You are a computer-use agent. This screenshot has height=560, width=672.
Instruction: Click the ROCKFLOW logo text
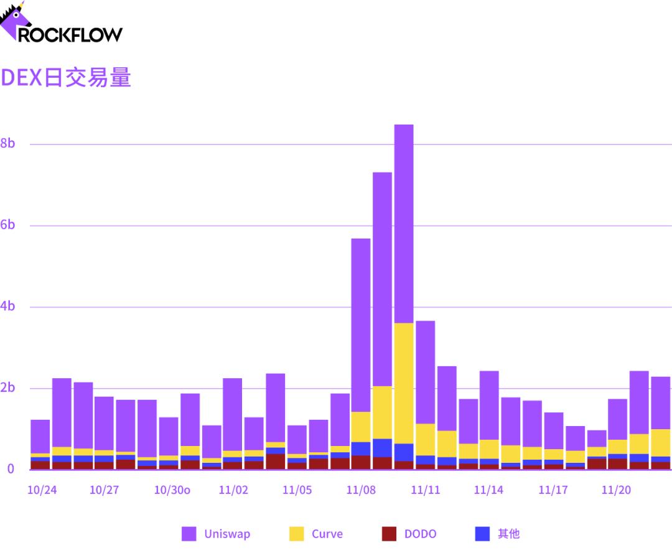70,34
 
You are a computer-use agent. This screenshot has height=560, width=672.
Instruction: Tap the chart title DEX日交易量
66,78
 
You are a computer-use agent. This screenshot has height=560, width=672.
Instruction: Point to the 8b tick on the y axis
7,143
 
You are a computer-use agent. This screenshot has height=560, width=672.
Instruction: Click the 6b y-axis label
7,225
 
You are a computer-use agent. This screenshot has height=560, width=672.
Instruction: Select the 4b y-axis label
7,306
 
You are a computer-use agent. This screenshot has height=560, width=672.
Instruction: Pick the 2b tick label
7,388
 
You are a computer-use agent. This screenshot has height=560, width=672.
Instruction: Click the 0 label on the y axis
10,468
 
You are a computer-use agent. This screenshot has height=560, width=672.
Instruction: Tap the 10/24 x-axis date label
42,490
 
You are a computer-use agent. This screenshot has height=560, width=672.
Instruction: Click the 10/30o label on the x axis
172,490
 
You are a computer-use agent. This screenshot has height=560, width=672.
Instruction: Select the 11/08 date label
361,490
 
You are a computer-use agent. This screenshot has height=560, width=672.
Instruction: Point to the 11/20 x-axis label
616,490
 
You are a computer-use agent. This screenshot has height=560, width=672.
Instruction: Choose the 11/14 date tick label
488,490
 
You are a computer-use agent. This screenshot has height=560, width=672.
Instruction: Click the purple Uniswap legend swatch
189,534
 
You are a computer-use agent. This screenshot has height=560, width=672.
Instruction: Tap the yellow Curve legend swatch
297,534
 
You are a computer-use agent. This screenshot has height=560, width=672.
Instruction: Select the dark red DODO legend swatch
390,534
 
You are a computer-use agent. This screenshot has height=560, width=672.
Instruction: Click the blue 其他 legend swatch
482,534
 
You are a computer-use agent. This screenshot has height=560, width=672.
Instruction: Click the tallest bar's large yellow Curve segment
404,383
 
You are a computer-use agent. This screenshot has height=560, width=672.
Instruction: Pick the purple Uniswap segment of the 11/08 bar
361,324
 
